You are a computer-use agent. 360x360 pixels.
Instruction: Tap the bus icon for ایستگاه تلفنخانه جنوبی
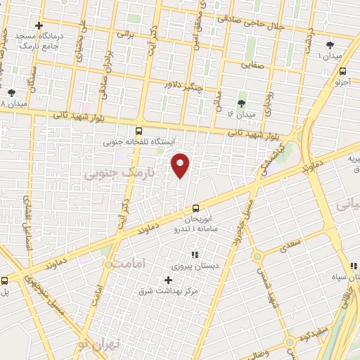(138, 130)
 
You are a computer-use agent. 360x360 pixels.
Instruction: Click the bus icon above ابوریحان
(195, 207)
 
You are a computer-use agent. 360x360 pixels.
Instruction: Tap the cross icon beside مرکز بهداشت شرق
(167, 280)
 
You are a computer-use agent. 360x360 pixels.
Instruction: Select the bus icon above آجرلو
(342, 71)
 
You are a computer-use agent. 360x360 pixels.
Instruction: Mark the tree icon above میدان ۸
(11, 92)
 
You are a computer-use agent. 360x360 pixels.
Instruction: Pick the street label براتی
(124, 33)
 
